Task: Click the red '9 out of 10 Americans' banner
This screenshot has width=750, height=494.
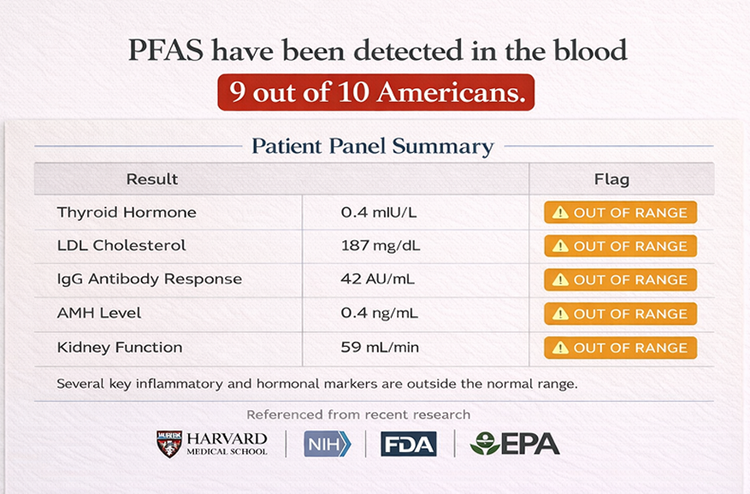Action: point(376,91)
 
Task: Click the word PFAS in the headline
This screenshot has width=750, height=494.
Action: point(166,50)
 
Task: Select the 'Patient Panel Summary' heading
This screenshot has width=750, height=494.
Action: point(373,146)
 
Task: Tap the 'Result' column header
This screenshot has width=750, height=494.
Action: point(151,179)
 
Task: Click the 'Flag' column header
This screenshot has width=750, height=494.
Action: point(611,179)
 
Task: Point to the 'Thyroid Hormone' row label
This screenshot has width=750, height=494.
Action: point(127,212)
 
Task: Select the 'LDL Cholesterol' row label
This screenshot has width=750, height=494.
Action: point(121,245)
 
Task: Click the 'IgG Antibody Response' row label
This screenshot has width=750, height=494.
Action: point(150,279)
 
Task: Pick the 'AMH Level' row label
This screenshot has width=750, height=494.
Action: point(99,313)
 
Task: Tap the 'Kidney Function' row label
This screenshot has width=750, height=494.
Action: point(120,347)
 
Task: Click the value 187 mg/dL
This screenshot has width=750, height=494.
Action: point(381,246)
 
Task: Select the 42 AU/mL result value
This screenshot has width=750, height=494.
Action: point(377,279)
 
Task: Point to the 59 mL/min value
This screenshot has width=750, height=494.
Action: point(380,347)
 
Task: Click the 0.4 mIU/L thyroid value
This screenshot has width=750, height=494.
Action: point(378,212)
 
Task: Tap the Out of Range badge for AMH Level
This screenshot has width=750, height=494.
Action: point(620,314)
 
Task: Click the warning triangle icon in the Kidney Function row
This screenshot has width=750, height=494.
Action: point(560,348)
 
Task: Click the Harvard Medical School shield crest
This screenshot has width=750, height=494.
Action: point(169,444)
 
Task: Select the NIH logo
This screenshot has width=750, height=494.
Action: point(328,444)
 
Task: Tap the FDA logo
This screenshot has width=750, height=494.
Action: point(409,444)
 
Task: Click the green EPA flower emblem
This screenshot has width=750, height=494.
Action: point(484,444)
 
